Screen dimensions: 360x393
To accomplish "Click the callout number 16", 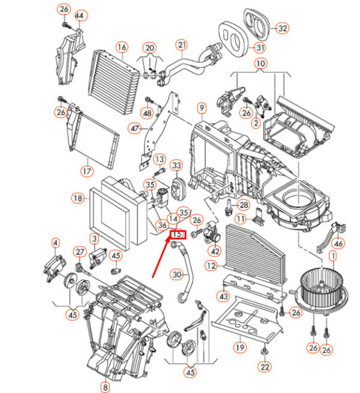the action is [x=122, y=47].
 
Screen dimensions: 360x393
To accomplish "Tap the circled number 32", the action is [x=282, y=28].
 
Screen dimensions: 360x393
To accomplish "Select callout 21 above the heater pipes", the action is [x=182, y=45].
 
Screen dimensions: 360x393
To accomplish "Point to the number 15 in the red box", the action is [x=177, y=234].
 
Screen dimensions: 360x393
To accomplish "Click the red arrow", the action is [x=161, y=257].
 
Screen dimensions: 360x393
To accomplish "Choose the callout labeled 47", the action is [x=134, y=128].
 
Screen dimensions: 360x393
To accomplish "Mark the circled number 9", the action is [x=202, y=108].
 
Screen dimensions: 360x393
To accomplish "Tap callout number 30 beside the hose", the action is [x=177, y=275].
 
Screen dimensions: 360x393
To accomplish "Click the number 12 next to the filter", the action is [x=211, y=266].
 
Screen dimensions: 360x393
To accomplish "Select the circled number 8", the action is [x=105, y=387].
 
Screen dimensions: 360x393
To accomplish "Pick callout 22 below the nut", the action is [x=265, y=367].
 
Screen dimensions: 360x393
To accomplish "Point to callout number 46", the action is [x=338, y=244].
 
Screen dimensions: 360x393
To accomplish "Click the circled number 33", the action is [x=177, y=166].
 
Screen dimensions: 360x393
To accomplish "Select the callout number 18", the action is [x=78, y=199].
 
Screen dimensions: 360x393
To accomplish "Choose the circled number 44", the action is [x=79, y=16].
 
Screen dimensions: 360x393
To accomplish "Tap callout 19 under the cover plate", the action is [x=240, y=347].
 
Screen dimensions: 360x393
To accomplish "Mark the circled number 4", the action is [x=55, y=242].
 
